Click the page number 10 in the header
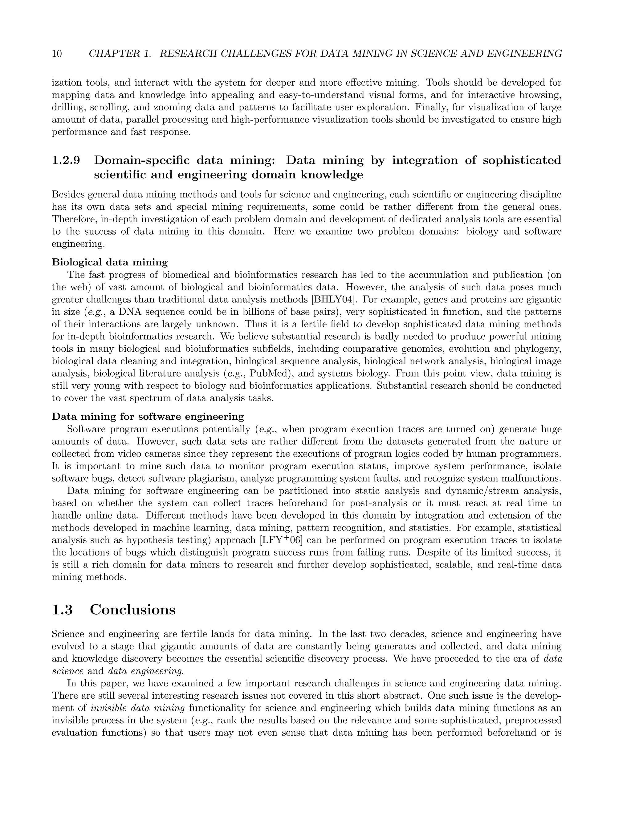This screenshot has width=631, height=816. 57,54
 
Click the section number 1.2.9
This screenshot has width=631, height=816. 66,160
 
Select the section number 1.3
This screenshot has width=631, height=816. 62,609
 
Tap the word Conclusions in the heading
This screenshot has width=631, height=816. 132,609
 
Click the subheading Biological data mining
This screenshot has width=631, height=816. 109,262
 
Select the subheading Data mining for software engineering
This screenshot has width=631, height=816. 148,416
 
